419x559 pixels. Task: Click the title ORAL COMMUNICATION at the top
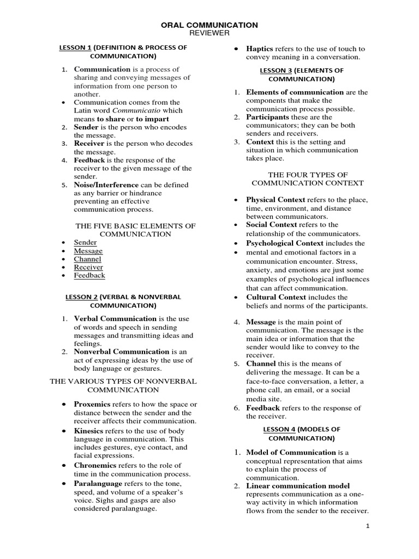point(209,25)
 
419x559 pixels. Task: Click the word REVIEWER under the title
point(209,34)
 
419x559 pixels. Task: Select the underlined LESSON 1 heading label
point(75,47)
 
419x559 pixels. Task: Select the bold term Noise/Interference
point(106,185)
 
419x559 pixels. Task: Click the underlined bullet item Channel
point(87,259)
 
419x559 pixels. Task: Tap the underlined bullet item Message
point(88,251)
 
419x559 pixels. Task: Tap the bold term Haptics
point(260,49)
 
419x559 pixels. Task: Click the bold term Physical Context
point(276,200)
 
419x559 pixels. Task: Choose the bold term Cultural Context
point(276,297)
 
